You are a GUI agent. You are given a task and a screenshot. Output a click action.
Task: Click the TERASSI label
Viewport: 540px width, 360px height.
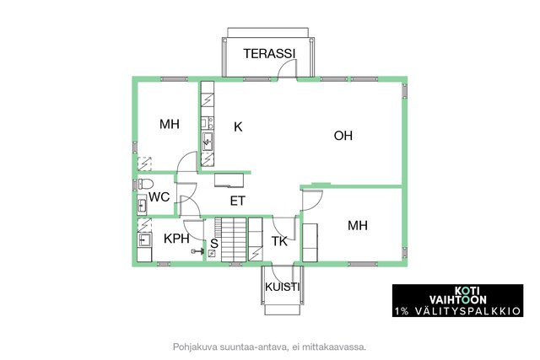coord(269,53)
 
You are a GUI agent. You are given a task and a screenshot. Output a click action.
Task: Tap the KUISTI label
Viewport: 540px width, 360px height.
coord(283,287)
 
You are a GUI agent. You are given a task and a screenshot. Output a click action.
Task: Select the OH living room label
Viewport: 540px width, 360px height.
coord(343,136)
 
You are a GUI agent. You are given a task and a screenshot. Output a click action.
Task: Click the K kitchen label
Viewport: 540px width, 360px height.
coord(238,126)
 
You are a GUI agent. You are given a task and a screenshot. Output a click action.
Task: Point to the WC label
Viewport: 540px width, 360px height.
coord(159,197)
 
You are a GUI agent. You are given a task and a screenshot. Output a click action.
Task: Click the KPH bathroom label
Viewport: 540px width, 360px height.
coord(176,238)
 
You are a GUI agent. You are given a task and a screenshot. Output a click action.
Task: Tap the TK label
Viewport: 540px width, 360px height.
coord(279,241)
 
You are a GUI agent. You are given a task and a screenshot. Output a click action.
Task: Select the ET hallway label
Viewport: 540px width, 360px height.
coord(238,201)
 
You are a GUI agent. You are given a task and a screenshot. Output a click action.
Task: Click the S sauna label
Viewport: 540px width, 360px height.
coord(214,244)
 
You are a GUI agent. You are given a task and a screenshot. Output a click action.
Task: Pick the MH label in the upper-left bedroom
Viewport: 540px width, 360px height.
coord(170,124)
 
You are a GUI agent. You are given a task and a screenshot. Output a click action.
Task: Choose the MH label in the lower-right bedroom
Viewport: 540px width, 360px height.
coord(358,225)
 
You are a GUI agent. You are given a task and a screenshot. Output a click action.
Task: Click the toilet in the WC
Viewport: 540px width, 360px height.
coord(145,184)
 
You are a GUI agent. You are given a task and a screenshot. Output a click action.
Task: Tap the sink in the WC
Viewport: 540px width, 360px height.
coord(142,206)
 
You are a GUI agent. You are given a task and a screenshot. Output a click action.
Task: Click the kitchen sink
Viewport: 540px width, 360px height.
coord(208,142)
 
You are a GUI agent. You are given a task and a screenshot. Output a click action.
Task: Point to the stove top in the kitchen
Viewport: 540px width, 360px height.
coord(208,123)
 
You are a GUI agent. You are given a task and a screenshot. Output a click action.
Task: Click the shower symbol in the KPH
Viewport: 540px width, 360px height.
coord(197,251)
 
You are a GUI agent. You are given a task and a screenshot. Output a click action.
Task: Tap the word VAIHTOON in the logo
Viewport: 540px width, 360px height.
coord(457,299)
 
